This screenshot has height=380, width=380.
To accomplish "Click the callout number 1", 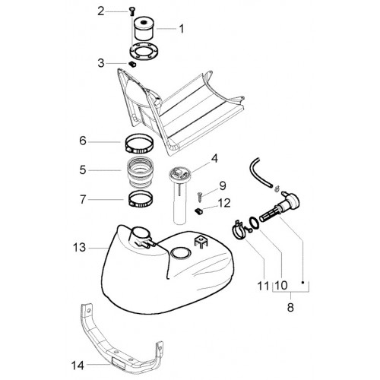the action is (x=182, y=29).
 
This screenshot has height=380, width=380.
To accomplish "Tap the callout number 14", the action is (x=78, y=366).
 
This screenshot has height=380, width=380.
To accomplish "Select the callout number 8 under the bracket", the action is (x=290, y=307).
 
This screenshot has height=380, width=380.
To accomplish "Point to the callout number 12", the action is (x=225, y=203).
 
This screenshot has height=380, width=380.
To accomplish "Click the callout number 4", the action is (x=214, y=159).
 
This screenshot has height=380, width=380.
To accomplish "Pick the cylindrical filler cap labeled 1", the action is (x=144, y=28).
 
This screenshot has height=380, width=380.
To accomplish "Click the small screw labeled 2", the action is (x=131, y=11).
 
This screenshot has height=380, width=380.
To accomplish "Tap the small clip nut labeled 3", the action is (x=131, y=64).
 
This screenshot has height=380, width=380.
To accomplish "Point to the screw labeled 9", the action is (x=199, y=197).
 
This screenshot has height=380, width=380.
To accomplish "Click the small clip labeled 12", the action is (x=198, y=211).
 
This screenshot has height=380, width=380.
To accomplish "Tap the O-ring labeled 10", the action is (x=255, y=222).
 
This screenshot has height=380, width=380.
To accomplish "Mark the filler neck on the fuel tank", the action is (x=141, y=236).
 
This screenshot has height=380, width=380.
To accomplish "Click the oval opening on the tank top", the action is (x=180, y=252).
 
